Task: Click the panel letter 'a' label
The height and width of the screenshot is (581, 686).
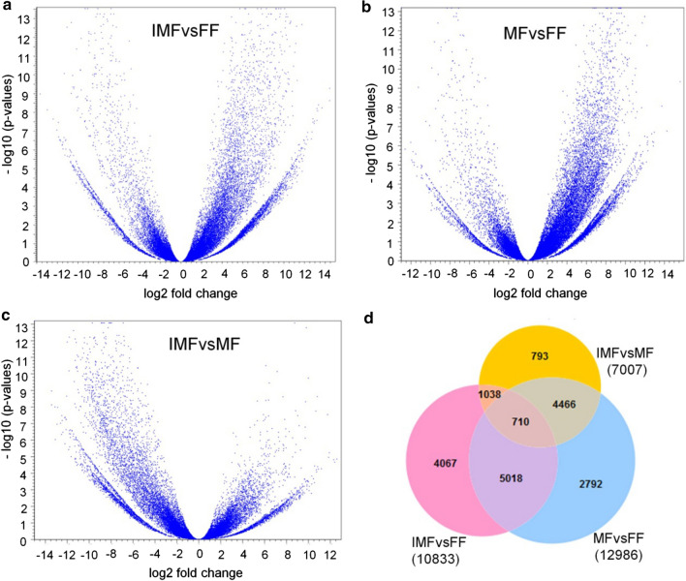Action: pos(5,8)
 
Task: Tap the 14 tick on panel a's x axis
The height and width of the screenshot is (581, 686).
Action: pos(325,274)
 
